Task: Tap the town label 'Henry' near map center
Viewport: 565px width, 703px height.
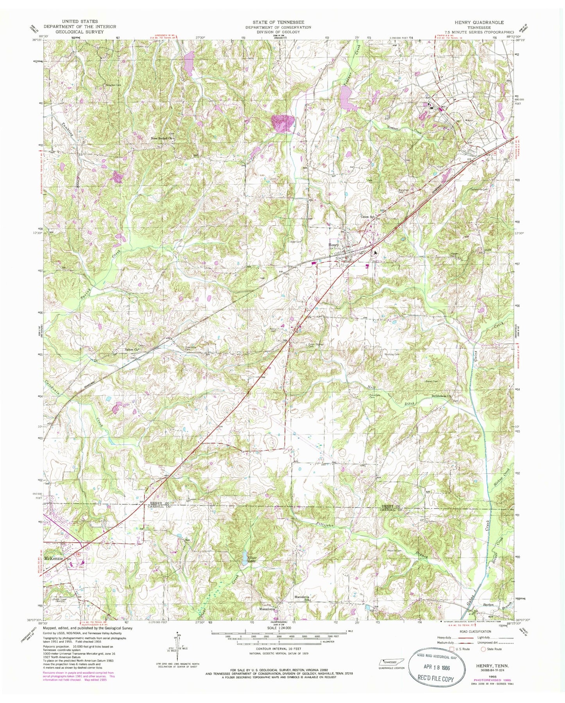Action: [x=334, y=245]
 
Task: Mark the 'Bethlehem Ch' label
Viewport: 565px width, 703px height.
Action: [x=441, y=396]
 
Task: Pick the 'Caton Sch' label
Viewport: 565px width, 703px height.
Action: [x=368, y=216]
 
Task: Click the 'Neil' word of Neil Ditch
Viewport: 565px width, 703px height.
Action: [x=382, y=387]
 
